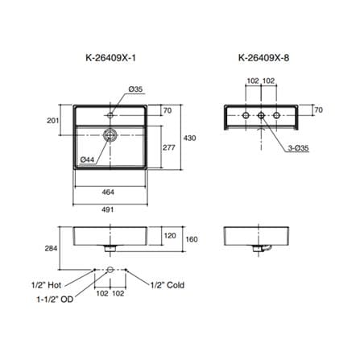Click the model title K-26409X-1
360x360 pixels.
tap(111, 58)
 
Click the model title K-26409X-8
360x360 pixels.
tap(264, 58)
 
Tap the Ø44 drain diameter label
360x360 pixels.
tap(88, 159)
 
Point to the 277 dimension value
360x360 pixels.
tap(168, 147)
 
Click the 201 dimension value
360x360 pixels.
tap(53, 121)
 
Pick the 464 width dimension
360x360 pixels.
tap(108, 192)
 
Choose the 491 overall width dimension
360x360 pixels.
tap(108, 209)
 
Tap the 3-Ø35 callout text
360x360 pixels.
tap(299, 148)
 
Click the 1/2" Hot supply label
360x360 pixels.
tap(47, 285)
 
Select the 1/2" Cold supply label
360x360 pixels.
tap(168, 285)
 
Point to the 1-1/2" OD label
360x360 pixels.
tap(55, 300)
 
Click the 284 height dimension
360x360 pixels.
tap(51, 248)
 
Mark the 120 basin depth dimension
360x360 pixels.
tap(170, 236)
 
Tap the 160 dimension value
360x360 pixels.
tap(192, 239)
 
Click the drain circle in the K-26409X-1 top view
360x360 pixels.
tap(110, 135)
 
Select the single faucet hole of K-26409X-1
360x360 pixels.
tap(110, 115)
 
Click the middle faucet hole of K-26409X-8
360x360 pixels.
tap(261, 115)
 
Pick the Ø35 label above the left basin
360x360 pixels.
tap(135, 89)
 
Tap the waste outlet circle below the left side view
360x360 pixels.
tap(110, 270)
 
